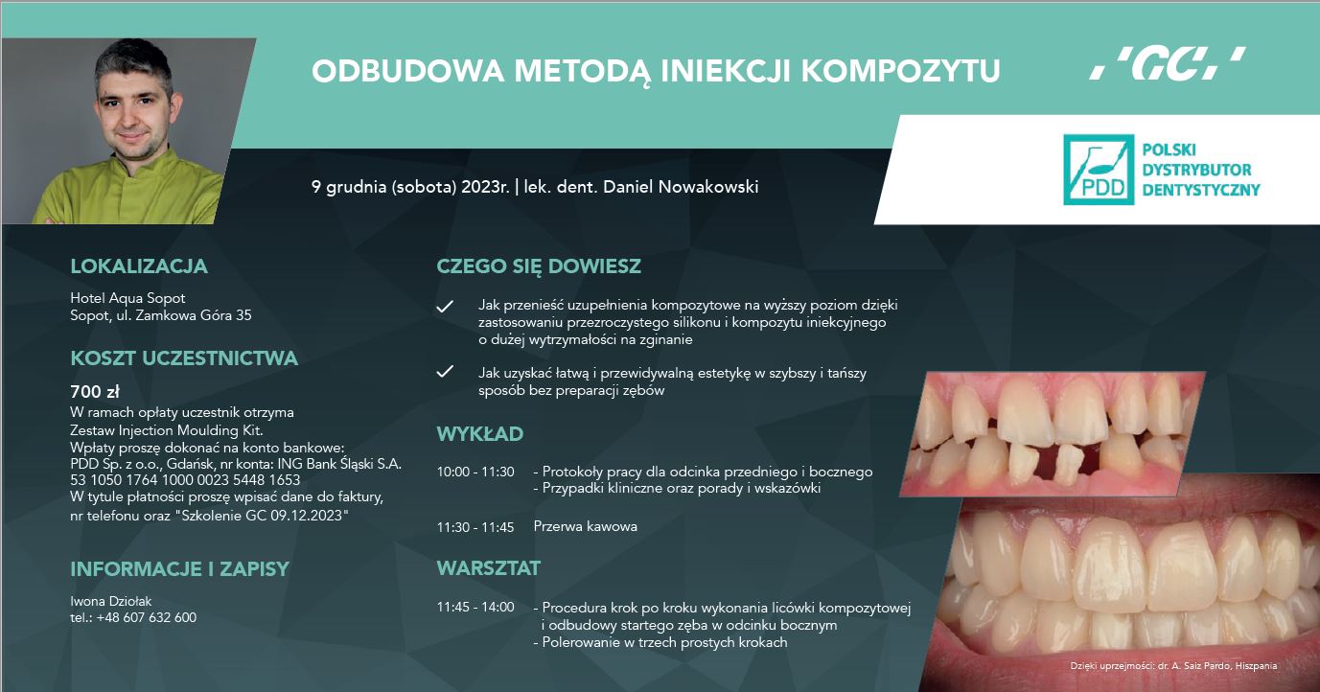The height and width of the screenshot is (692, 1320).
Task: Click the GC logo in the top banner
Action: coord(1168,63)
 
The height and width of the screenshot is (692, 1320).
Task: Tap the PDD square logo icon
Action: coord(1099,170)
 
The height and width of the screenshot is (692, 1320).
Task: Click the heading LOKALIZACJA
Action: coord(139,266)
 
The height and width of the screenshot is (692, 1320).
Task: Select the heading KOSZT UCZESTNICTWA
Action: coord(184,358)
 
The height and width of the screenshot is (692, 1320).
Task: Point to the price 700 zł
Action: coord(95,391)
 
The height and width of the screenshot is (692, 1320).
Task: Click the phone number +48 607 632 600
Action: coord(146,618)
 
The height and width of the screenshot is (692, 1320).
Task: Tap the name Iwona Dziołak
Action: coord(111,601)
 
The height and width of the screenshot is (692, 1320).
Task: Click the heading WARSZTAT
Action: coord(489,568)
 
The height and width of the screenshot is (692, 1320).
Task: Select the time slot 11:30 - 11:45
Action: coord(475,527)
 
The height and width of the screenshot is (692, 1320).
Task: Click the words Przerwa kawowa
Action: coord(585,526)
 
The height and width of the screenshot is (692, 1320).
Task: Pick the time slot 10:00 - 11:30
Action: coord(475,472)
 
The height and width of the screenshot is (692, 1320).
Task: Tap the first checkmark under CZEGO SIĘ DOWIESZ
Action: coord(445,306)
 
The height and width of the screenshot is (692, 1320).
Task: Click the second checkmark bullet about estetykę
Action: coord(445,371)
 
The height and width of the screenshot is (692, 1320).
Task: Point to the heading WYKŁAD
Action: coord(480,434)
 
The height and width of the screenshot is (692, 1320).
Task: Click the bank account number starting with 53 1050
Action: coord(185,480)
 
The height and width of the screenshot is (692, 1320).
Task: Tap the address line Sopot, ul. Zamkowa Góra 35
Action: coord(161,315)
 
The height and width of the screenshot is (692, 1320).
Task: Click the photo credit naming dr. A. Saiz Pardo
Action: coord(1174,666)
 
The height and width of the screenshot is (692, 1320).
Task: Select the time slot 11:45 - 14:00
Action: coord(475,607)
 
